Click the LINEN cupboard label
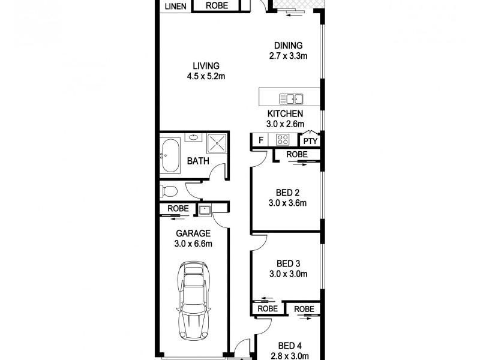click(175, 7)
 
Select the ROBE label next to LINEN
click(217, 6)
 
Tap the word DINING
click(288, 46)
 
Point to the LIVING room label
click(206, 66)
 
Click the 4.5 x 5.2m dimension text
click(206, 76)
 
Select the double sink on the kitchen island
click(291, 98)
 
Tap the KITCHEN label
click(285, 113)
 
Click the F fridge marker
click(260, 141)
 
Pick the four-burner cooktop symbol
click(283, 140)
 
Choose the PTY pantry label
click(310, 142)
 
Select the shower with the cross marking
click(216, 144)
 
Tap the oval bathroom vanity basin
click(194, 138)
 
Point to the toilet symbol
click(168, 192)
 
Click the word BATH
click(198, 161)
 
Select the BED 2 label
click(288, 193)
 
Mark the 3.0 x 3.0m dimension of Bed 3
click(288, 274)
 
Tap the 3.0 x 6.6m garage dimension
click(194, 244)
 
